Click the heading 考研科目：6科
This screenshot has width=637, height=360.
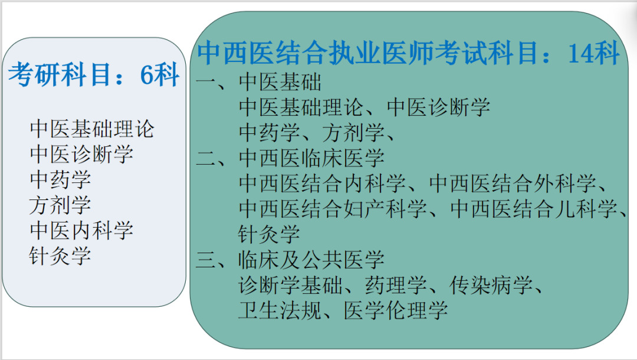click(x=94, y=75)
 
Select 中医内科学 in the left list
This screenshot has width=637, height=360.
click(x=81, y=230)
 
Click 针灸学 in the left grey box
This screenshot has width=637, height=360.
click(x=60, y=256)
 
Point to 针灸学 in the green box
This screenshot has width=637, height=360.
click(x=269, y=234)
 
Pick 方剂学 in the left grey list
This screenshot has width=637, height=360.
click(x=60, y=205)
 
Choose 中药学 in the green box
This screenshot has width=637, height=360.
click(x=270, y=133)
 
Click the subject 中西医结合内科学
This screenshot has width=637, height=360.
click(x=322, y=184)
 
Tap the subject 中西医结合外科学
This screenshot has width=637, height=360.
click(x=513, y=184)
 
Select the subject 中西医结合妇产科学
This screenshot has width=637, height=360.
click(x=333, y=209)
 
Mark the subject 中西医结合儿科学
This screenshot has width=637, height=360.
click(x=533, y=209)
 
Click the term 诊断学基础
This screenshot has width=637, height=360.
click(x=290, y=285)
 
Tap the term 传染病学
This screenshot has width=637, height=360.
click(x=491, y=285)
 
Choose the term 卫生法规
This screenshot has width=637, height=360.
click(x=280, y=310)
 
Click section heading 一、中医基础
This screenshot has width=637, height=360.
click(x=259, y=82)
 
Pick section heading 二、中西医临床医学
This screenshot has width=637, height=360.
click(x=290, y=158)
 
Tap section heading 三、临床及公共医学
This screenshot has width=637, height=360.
click(x=290, y=260)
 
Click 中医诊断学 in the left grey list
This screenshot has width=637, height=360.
click(x=81, y=155)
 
